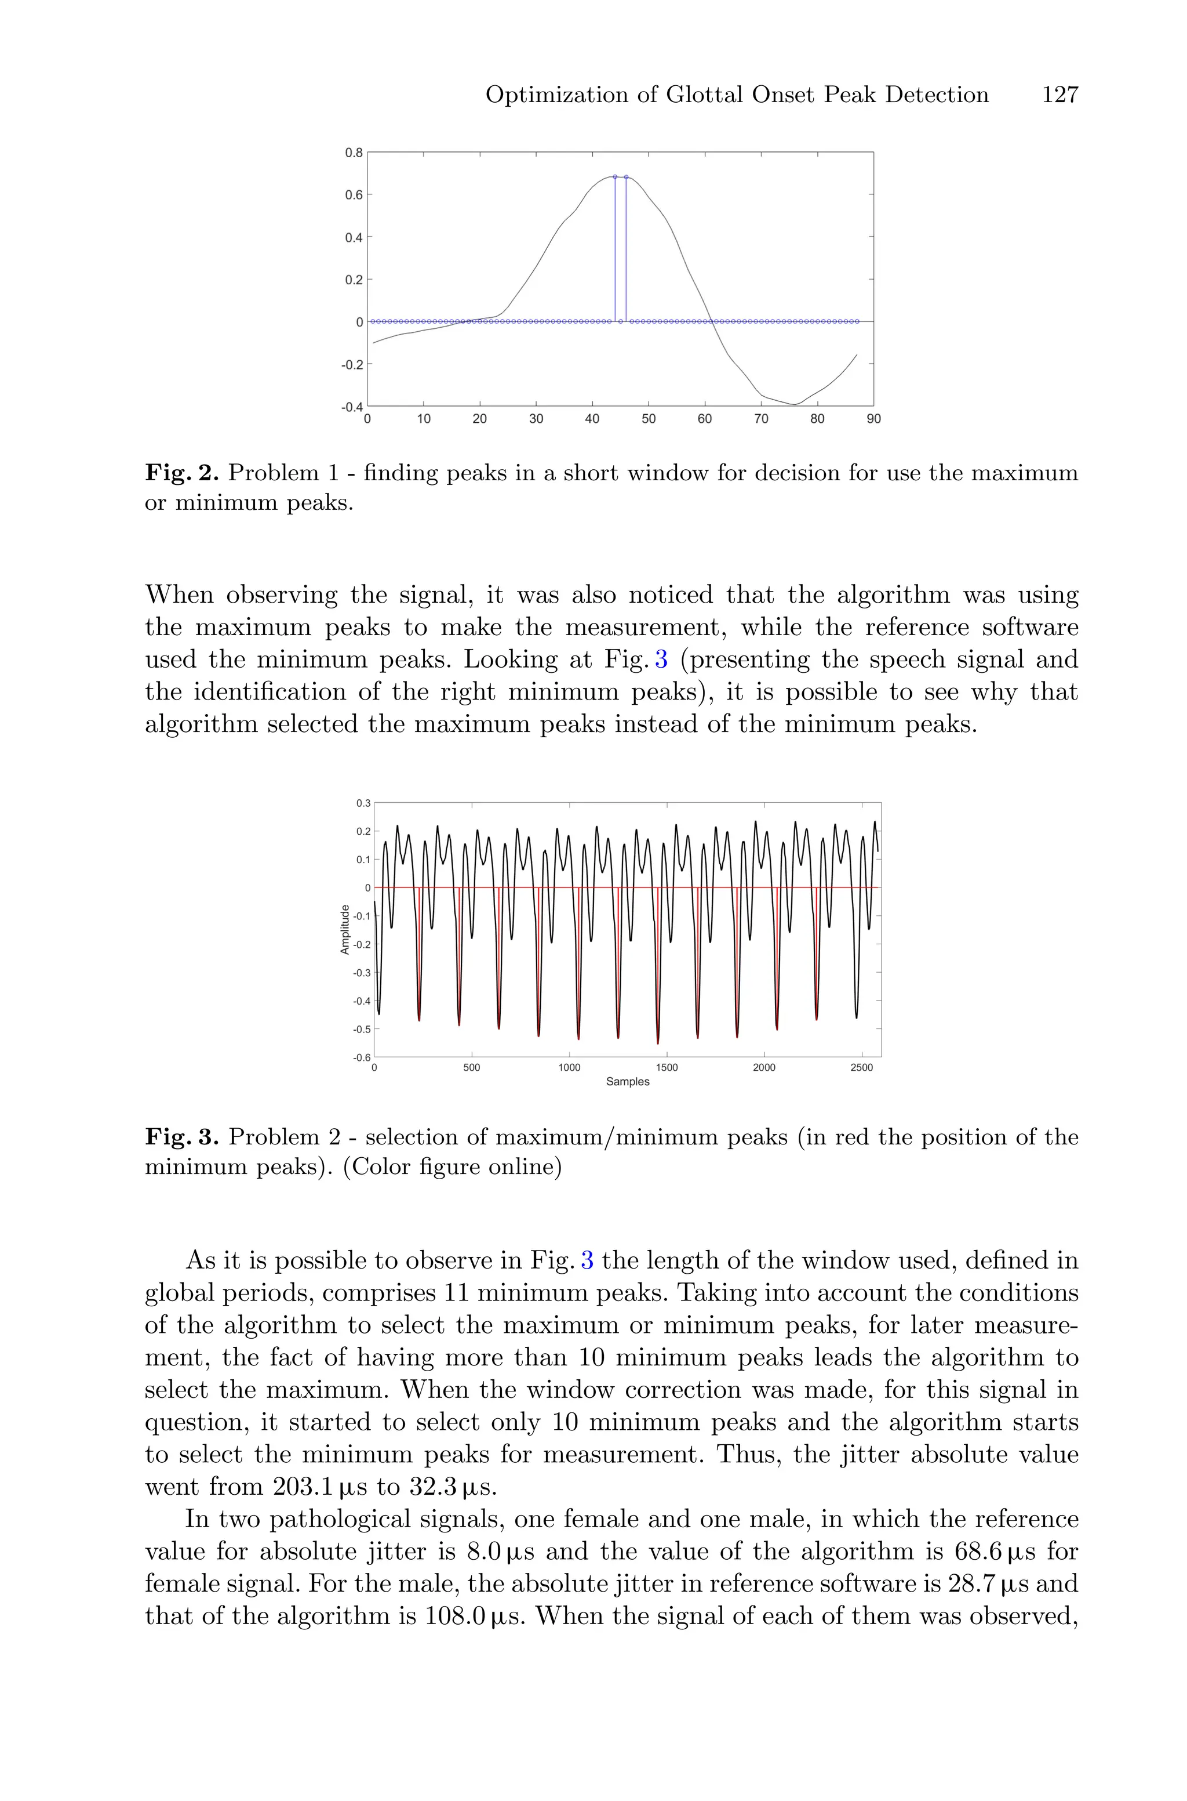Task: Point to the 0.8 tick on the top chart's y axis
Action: click(x=354, y=152)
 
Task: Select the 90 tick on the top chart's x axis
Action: click(x=873, y=419)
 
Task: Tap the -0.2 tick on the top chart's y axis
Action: click(x=352, y=364)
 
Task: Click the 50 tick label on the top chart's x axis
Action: click(x=648, y=419)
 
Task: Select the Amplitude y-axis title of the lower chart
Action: click(x=345, y=929)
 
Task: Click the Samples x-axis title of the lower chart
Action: click(x=628, y=1082)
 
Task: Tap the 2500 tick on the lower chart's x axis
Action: click(x=861, y=1068)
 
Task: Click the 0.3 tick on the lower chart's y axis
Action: click(x=364, y=803)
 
